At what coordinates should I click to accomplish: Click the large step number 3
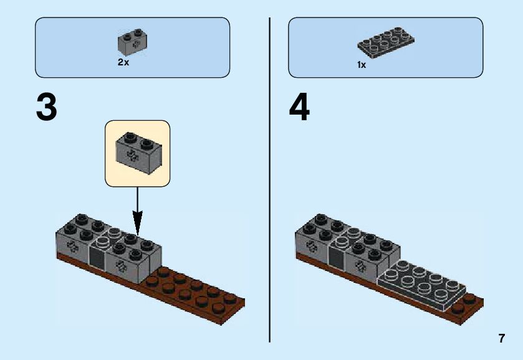pyautogui.click(x=47, y=108)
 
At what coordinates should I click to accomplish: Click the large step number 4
pyautogui.click(x=299, y=108)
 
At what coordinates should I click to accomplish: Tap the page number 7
pyautogui.click(x=501, y=339)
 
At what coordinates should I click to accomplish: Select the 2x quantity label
pyautogui.click(x=123, y=63)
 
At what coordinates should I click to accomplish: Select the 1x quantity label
pyautogui.click(x=362, y=65)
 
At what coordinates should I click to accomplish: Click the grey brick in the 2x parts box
pyautogui.click(x=132, y=42)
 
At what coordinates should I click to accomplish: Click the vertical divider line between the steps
pyautogui.click(x=270, y=181)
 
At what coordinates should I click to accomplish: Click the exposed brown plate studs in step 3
pyautogui.click(x=193, y=290)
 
